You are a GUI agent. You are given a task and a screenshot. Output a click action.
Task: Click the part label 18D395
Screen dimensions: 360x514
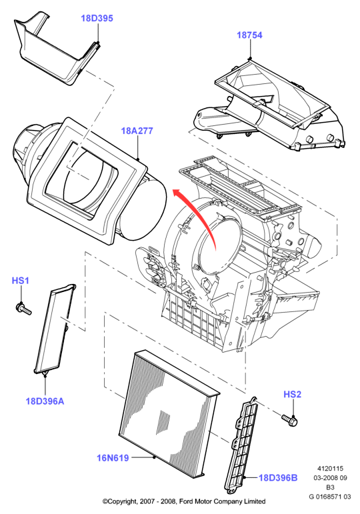(97, 19)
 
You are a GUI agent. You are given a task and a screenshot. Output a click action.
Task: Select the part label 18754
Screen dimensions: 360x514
(249, 35)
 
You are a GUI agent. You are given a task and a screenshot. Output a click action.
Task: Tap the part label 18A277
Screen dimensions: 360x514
(137, 131)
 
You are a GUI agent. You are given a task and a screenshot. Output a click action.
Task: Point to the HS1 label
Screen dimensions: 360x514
(20, 281)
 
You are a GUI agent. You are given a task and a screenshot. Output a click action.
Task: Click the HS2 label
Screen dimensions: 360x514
(292, 394)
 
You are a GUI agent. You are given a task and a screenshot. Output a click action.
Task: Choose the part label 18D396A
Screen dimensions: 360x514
(45, 401)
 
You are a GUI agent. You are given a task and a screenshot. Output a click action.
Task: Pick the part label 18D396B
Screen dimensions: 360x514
(278, 478)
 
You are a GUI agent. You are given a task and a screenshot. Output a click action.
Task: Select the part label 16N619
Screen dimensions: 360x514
(113, 457)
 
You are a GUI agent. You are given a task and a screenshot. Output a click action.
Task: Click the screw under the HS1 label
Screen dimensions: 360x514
(23, 309)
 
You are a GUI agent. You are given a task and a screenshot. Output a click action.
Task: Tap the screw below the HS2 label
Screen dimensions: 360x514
(289, 420)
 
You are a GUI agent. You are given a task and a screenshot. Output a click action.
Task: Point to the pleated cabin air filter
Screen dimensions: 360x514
(169, 414)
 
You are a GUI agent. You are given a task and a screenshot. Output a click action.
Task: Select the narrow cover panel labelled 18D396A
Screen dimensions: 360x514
(55, 329)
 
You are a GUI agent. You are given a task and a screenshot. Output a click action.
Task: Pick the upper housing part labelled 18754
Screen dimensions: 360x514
(268, 105)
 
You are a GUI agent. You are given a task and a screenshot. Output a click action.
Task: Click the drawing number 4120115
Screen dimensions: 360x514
(330, 469)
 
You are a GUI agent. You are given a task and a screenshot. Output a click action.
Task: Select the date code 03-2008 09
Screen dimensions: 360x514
(330, 478)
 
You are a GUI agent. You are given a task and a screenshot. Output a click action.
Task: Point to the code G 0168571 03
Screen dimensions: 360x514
(330, 497)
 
